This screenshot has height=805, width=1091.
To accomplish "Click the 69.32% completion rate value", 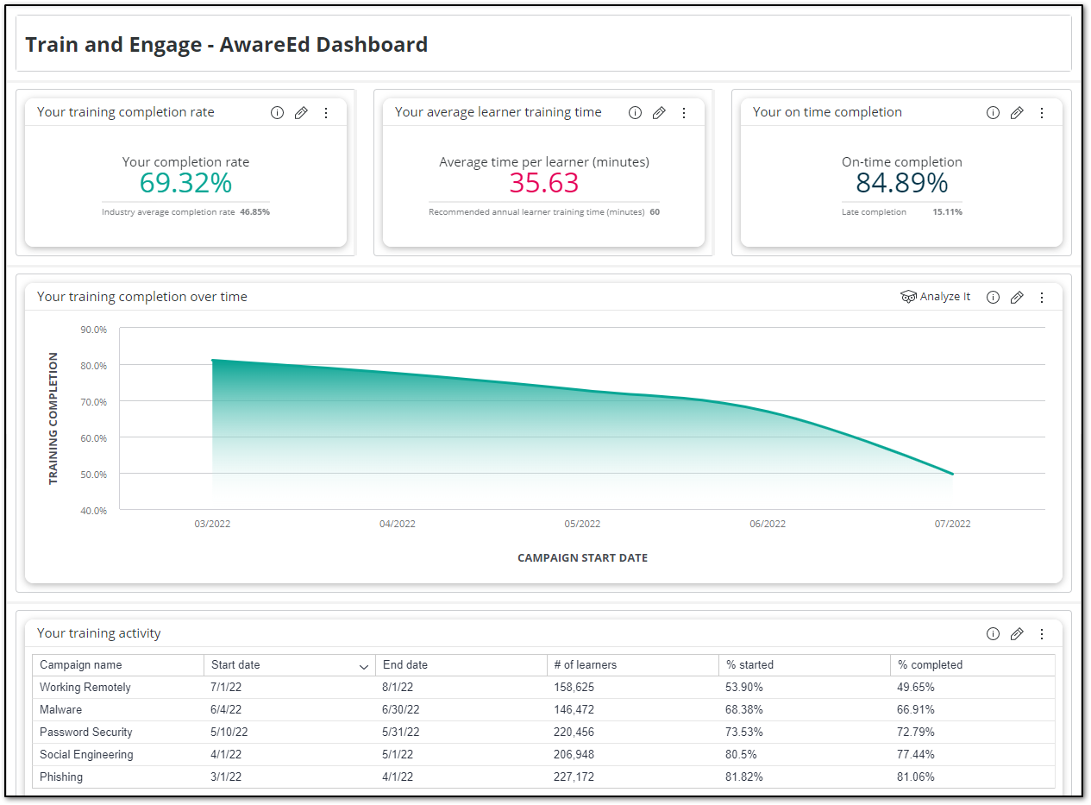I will pos(185,183).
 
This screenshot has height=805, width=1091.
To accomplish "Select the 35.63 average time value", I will pos(543,183).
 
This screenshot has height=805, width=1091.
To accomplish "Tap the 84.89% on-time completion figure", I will pos(901,183).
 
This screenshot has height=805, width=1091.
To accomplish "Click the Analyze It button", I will pos(936,297).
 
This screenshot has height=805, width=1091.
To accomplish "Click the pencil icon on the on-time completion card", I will pos(1017,113).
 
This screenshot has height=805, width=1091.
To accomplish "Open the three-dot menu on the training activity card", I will pos(1041,634).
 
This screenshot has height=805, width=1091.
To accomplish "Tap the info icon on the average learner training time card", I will pos(635,113).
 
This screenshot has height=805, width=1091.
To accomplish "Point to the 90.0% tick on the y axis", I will pos(93,330).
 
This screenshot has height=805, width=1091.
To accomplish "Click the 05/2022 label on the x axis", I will pos(582,524).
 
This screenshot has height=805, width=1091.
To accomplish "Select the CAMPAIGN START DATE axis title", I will pos(582,558).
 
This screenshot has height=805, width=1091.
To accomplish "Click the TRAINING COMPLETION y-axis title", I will pos(53,418).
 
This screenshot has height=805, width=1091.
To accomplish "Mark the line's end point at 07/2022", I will pos(952,474).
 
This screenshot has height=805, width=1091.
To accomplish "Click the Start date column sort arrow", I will pos(363,666).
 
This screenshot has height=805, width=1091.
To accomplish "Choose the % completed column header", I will pos(930,665).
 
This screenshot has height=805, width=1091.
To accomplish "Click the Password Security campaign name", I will pos(86,733).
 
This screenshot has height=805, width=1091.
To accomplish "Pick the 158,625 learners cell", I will pos(574,688).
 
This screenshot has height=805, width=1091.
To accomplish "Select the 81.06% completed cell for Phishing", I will pos(916,777).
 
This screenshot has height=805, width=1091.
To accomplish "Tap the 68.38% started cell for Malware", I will pos(744,710).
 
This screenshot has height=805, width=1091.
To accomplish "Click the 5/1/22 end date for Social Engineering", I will pos(398,755).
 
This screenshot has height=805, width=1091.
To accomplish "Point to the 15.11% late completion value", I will pos(947,212).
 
